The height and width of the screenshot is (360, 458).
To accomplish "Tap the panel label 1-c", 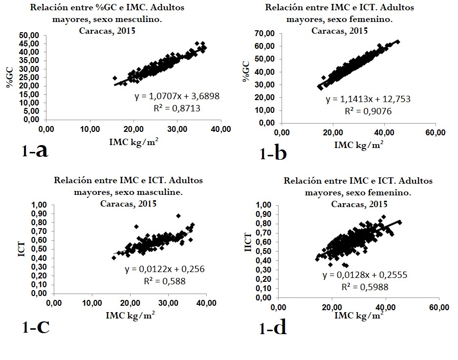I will point(36,327).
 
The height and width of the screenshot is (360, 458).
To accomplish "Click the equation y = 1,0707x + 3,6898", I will point(177,97).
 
